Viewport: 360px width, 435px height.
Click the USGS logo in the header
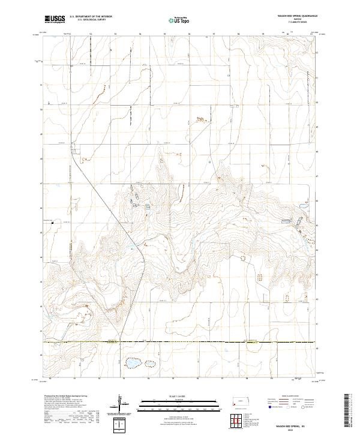[53, 19]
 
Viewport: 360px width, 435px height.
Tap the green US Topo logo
[176, 20]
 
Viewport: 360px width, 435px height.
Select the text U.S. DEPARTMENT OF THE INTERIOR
[91, 16]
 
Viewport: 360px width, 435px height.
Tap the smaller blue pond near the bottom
[148, 362]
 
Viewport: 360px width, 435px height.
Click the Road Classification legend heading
[290, 397]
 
